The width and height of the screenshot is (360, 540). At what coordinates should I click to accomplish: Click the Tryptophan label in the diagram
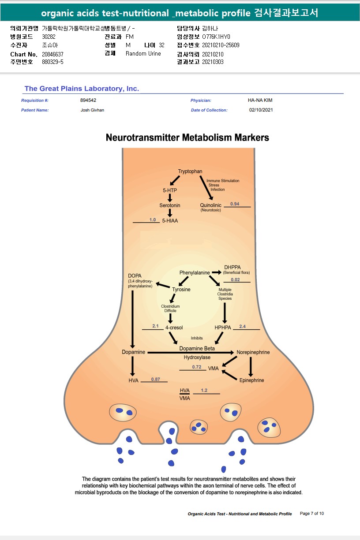190,171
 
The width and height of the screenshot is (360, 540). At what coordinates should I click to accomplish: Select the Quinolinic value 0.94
235,204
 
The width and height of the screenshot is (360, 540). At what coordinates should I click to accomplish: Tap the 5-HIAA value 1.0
153,220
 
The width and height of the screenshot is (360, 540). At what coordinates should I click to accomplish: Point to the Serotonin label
170,205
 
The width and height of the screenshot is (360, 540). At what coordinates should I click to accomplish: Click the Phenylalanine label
195,273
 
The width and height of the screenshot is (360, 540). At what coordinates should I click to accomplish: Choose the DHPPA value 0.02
235,280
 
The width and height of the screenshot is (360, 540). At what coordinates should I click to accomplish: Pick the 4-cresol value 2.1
155,326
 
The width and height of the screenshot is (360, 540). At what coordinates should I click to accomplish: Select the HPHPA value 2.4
242,327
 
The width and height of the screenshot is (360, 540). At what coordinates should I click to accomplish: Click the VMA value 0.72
197,367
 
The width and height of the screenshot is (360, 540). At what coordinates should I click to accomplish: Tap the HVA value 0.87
155,379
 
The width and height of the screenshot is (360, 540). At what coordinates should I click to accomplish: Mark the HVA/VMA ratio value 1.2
204,391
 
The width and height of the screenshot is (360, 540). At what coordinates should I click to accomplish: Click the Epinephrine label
251,380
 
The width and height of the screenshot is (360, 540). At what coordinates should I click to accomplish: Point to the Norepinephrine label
253,353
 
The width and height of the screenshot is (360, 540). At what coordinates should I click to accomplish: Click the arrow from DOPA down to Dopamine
132,317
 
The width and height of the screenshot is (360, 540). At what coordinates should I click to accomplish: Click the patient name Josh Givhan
92,110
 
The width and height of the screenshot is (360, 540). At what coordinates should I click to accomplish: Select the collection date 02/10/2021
261,110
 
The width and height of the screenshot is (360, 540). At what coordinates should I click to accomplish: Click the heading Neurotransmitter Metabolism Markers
187,138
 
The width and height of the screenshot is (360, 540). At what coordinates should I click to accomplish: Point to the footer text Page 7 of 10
312,514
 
